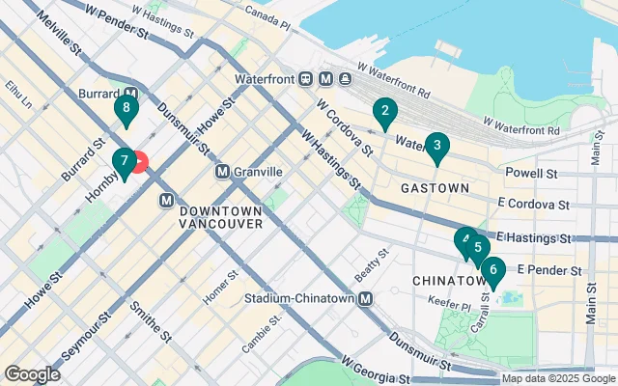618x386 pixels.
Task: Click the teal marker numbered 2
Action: pos(384,113)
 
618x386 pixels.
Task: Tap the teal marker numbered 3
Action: pos(437,148)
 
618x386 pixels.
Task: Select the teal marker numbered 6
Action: pos(492,272)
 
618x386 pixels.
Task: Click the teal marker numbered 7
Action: pos(124,162)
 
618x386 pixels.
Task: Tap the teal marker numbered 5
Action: pos(477,247)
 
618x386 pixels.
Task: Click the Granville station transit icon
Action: pos(222,172)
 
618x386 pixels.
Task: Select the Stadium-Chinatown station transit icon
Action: pos(366,299)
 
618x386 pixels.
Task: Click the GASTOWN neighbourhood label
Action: pos(435,187)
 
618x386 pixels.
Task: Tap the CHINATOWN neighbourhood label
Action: pos(448,281)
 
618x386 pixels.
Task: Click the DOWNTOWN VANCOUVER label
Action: pos(221,217)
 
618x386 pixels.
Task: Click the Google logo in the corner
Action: pos(32,373)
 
